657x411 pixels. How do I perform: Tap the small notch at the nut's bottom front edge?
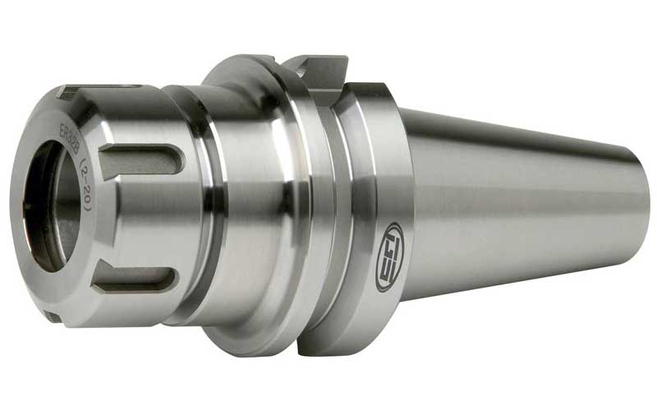click(x=51, y=316)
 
